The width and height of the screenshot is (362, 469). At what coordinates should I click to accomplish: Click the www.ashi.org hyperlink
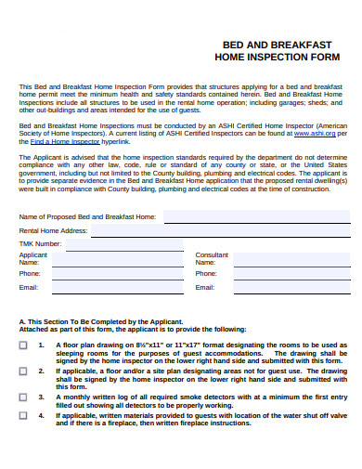[x=315, y=134]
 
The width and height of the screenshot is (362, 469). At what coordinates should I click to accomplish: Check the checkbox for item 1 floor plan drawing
[x=23, y=345]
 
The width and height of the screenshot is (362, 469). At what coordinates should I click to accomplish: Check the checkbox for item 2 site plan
[x=23, y=371]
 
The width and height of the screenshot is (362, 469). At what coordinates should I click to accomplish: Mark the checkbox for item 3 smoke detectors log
[x=23, y=397]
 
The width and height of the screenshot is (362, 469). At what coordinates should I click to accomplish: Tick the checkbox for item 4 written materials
[x=23, y=416]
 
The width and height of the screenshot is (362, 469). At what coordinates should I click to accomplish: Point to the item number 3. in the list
[x=42, y=397]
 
